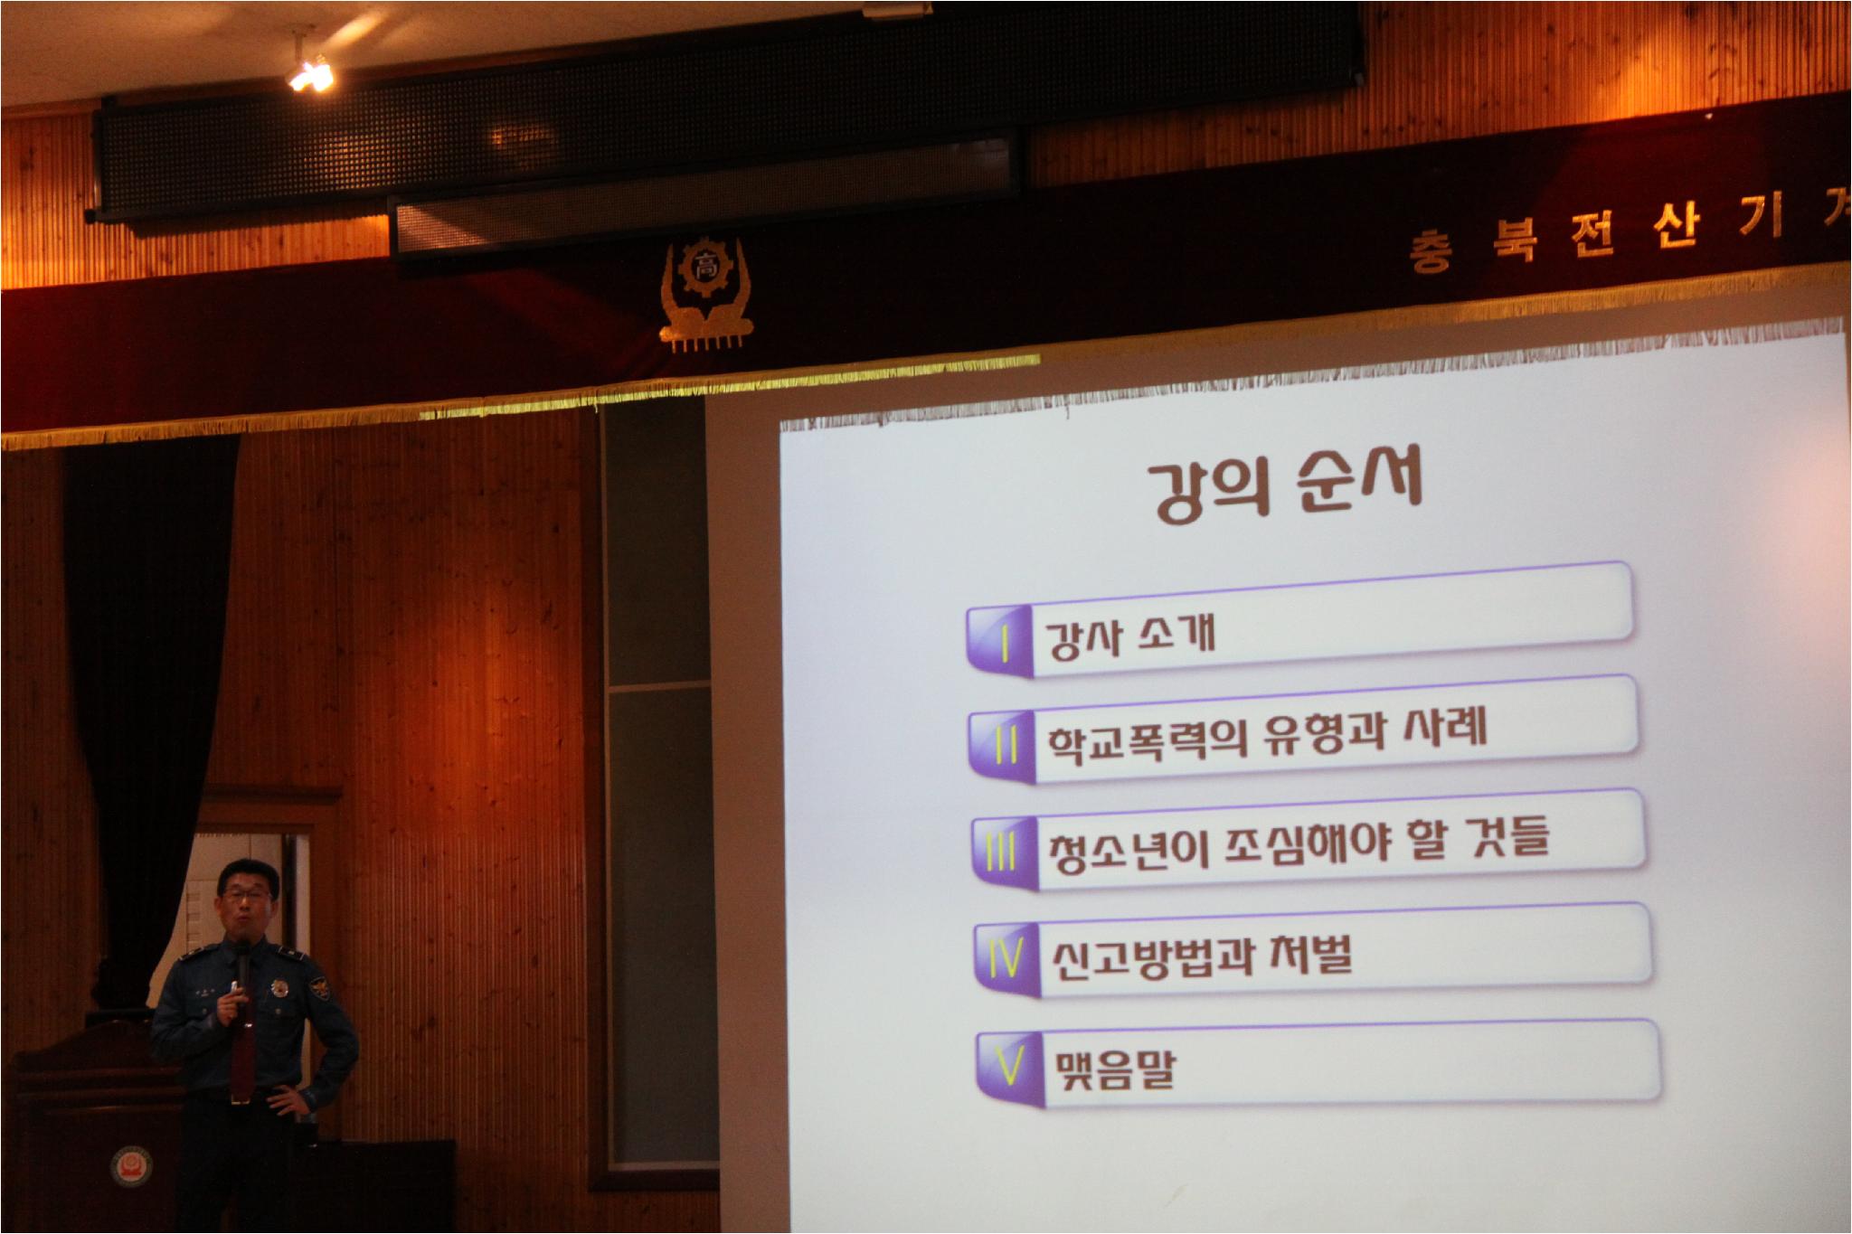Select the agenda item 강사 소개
point(1129,635)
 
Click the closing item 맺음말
point(1114,1069)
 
